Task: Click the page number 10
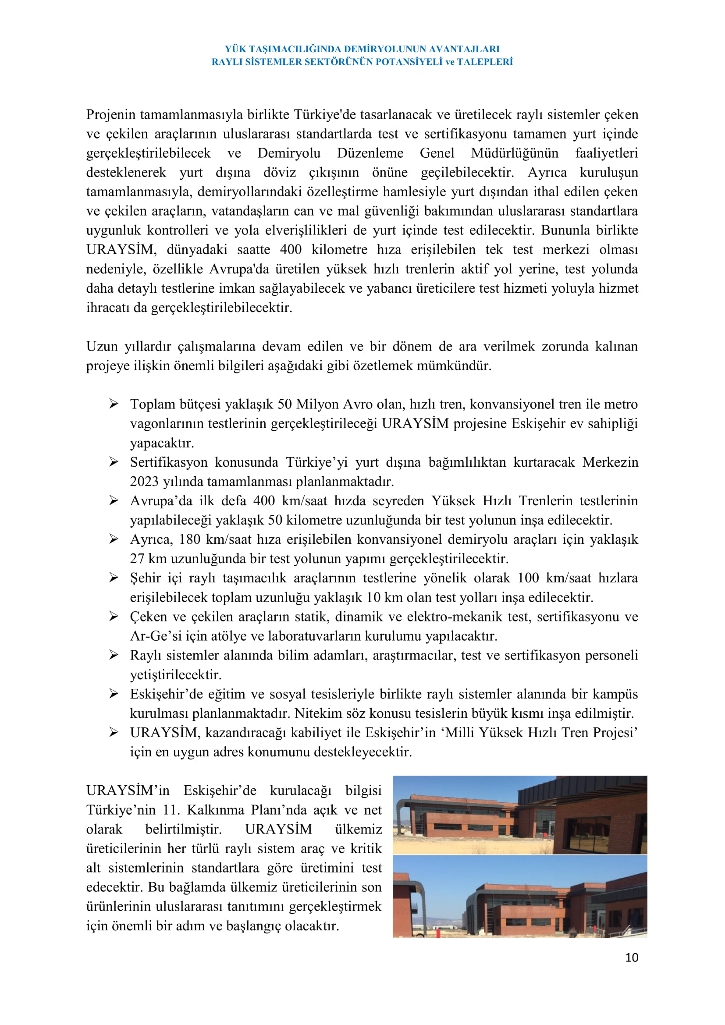point(631,958)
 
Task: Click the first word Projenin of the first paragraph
point(111,115)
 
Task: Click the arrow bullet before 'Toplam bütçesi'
point(114,404)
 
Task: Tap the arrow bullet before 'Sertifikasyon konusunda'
point(114,462)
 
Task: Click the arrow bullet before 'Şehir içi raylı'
point(114,578)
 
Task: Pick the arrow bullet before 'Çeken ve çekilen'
point(114,617)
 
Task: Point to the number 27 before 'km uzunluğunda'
point(137,559)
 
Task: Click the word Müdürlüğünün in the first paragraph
point(514,153)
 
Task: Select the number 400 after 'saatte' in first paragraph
point(291,249)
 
